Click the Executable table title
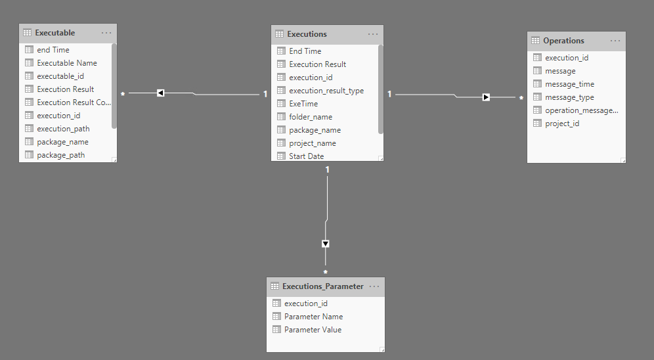click(x=55, y=33)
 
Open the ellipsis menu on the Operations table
click(x=615, y=41)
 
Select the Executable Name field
click(x=66, y=63)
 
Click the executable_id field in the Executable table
click(x=60, y=76)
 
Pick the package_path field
click(x=60, y=155)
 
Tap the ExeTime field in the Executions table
click(x=303, y=104)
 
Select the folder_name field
click(x=310, y=117)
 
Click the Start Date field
click(x=306, y=156)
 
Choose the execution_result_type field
click(x=326, y=91)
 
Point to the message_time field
click(x=569, y=84)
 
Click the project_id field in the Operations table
click(x=561, y=124)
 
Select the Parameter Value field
click(x=313, y=330)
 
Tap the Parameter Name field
click(x=313, y=317)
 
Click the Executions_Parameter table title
click(x=322, y=286)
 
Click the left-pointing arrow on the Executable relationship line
click(x=160, y=93)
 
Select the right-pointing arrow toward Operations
click(x=486, y=97)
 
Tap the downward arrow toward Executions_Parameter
click(x=326, y=244)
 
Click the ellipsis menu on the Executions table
click(x=373, y=34)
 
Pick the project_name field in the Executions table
click(x=312, y=143)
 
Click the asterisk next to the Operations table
click(x=521, y=99)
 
